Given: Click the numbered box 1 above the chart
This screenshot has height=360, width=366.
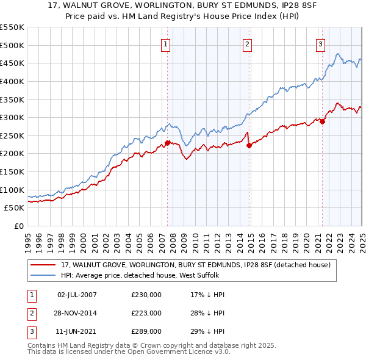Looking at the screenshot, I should pyautogui.click(x=166, y=43).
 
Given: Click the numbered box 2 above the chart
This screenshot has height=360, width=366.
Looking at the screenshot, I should pyautogui.click(x=247, y=43).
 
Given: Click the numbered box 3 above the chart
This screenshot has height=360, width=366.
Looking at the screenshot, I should pyautogui.click(x=320, y=43).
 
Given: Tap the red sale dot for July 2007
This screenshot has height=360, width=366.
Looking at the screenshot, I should pyautogui.click(x=167, y=143).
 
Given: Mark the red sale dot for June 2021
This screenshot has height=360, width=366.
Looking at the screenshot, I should pyautogui.click(x=322, y=121).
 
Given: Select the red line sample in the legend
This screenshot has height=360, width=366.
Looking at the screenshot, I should pyautogui.click(x=43, y=265).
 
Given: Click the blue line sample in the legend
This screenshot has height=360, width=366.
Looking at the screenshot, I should pyautogui.click(x=43, y=275).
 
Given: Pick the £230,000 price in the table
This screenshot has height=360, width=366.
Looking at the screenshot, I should pyautogui.click(x=146, y=295).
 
